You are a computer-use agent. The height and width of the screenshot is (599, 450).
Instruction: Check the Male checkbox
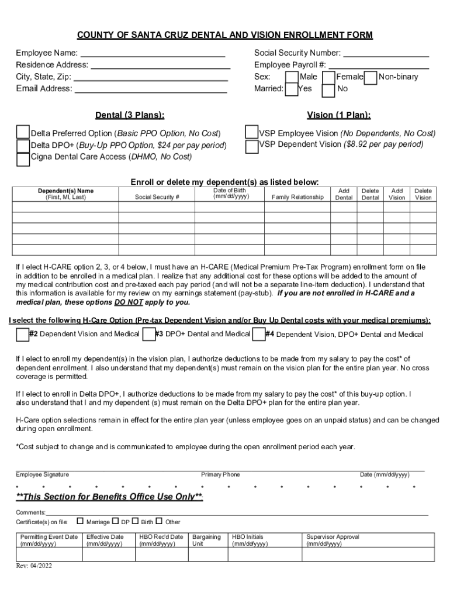click(292, 77)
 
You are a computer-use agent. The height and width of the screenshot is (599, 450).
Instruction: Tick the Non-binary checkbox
click(371, 77)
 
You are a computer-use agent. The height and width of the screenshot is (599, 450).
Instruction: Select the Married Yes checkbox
click(292, 89)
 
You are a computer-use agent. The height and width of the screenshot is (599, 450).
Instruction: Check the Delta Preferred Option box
click(23, 132)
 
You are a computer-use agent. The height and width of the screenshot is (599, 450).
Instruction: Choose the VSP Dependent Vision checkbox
click(252, 146)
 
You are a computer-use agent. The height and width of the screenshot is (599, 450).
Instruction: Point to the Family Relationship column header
click(297, 197)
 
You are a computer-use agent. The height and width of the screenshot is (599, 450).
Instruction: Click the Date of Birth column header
click(230, 194)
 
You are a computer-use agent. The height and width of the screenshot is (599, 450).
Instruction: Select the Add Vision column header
click(397, 194)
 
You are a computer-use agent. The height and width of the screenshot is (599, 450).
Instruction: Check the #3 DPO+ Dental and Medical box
click(148, 334)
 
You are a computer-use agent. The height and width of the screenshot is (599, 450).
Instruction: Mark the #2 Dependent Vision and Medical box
click(22, 334)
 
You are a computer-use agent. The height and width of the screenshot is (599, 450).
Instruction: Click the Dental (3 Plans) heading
click(130, 115)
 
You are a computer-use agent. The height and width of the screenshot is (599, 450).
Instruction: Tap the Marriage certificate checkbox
click(80, 521)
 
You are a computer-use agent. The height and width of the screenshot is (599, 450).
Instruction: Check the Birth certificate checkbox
click(135, 521)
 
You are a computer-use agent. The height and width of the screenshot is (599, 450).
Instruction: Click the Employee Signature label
click(42, 474)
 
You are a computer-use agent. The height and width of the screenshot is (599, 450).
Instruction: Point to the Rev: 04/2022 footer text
click(34, 566)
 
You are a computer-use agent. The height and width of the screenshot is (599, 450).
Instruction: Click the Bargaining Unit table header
click(206, 540)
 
